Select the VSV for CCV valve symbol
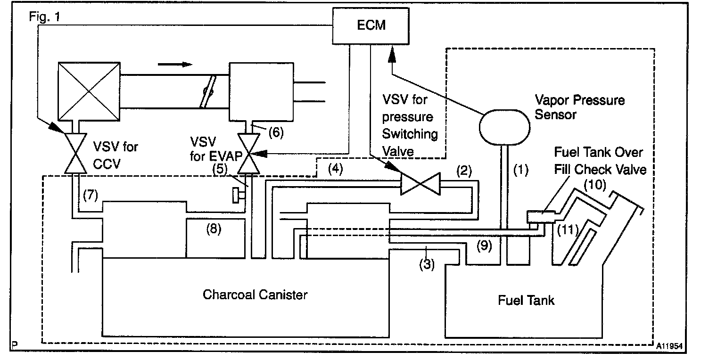(x=75, y=154)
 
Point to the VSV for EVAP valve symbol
(x=248, y=154)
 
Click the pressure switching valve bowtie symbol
(x=420, y=183)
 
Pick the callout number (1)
(x=520, y=170)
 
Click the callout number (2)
(x=464, y=171)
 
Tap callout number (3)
(x=427, y=264)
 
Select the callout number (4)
(x=336, y=169)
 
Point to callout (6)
(x=276, y=132)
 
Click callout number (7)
(x=91, y=195)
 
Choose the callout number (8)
(x=214, y=229)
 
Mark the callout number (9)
(x=484, y=245)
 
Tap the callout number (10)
(x=595, y=185)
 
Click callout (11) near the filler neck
(x=568, y=230)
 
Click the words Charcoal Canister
(x=255, y=295)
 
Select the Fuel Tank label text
(x=526, y=300)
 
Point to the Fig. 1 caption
(x=45, y=16)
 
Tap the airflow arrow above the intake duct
(x=175, y=65)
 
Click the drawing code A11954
(x=669, y=346)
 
